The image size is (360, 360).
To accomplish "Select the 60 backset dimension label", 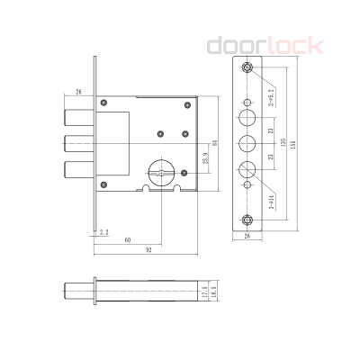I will [130, 240].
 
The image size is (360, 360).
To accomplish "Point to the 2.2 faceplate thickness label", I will [104, 231].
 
